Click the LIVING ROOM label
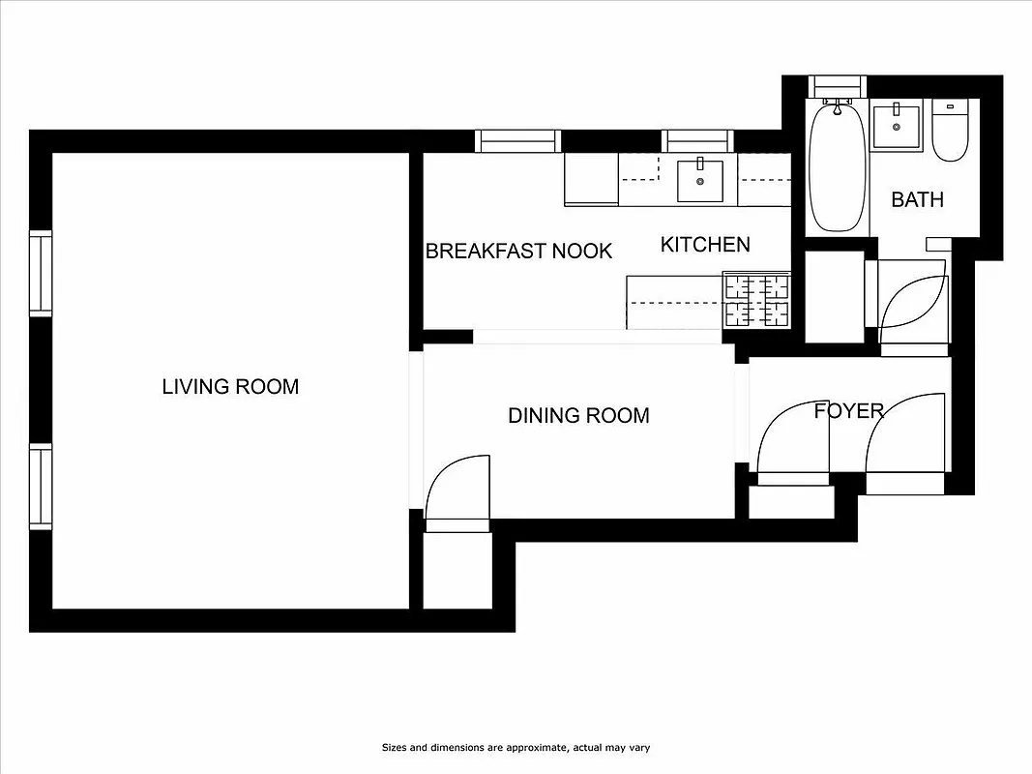point(230,387)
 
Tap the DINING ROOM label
point(578,416)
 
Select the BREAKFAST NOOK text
point(519,252)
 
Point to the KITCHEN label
point(705,245)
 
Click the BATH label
point(917,200)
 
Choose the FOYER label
point(848,410)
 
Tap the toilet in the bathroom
point(950,133)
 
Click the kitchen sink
point(699,181)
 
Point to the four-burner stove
point(756,300)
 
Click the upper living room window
point(40,273)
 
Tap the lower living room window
point(40,486)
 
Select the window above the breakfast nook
point(518,141)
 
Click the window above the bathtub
point(838,87)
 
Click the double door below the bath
point(913,303)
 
